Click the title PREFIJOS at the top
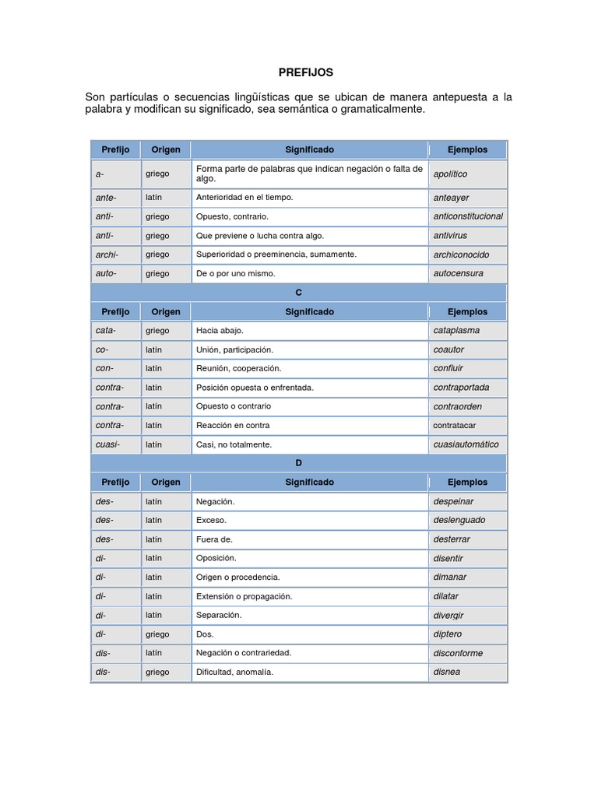pos(306,72)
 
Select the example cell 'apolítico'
pos(450,174)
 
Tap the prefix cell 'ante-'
pos(106,198)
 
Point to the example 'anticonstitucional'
pos(467,216)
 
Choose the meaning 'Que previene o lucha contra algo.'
pos(260,235)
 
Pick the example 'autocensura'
pos(458,273)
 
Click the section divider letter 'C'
pos(298,293)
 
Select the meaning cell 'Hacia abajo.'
pos(220,330)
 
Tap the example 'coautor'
pos(449,349)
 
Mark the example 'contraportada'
pos(461,387)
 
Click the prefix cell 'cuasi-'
pos(107,444)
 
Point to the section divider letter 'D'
pos(298,463)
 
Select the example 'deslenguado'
pos(459,520)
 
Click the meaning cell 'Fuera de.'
pos(215,539)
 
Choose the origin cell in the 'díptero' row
pos(157,634)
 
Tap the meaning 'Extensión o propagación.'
pos(244,596)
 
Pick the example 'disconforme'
pos(458,653)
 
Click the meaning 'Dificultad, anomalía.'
pos(235,672)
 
